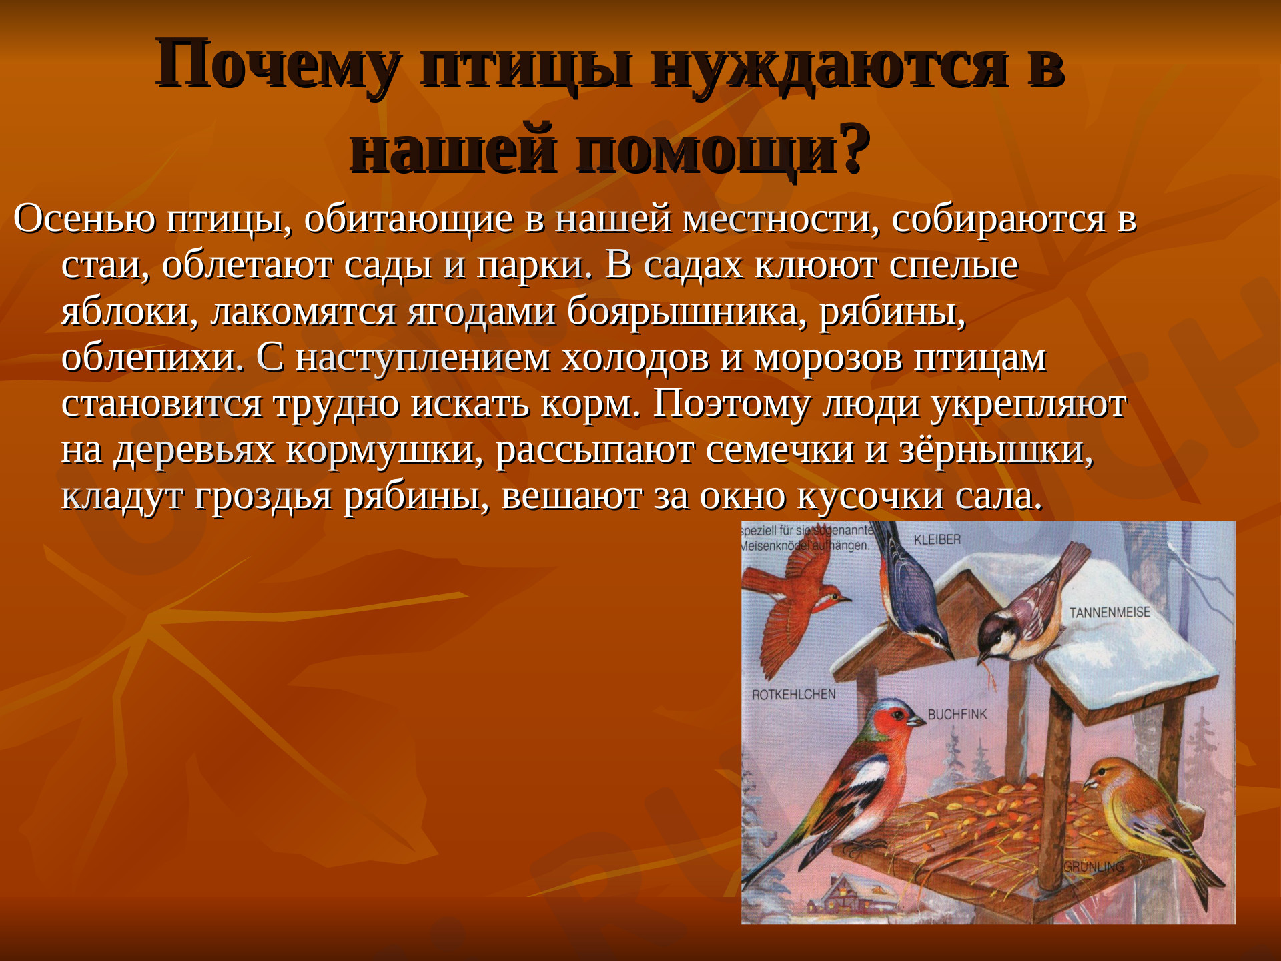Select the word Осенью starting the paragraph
click(84, 219)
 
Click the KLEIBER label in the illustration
click(937, 539)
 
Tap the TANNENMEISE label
click(1109, 612)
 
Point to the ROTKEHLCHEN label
click(793, 695)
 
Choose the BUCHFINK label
click(957, 714)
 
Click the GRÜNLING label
click(1094, 867)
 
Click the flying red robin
click(797, 604)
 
